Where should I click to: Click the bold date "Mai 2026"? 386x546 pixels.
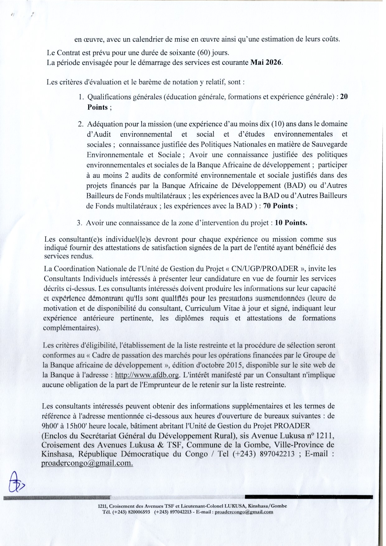coord(267,62)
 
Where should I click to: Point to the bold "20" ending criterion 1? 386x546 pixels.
coord(344,97)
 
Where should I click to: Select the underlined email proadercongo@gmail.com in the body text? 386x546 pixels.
coord(87,463)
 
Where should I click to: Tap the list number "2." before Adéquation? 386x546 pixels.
coord(80,124)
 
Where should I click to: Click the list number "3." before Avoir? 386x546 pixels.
coord(79,223)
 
